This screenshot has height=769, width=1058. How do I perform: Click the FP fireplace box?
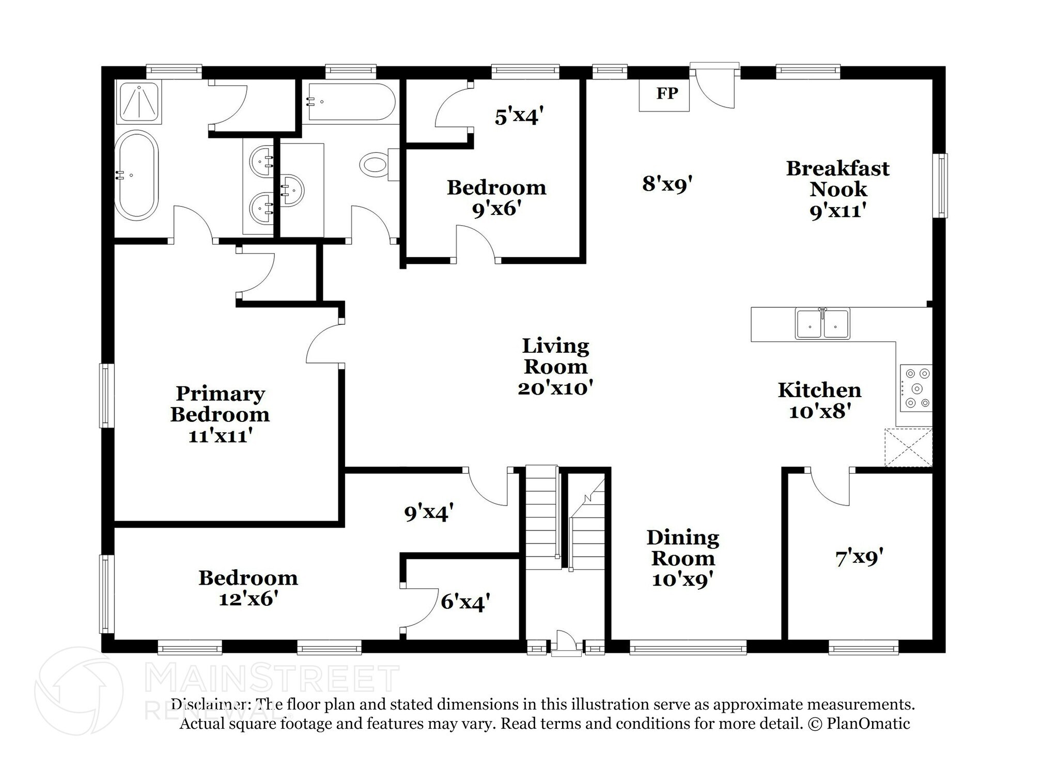coord(664,94)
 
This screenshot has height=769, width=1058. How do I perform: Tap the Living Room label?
coord(555,356)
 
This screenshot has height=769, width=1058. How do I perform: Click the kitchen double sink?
coord(822,324)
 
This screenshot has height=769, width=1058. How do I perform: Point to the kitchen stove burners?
coord(916,388)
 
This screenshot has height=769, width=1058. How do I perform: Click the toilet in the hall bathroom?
coord(375,165)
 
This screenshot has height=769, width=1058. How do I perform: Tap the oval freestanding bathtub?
coord(136,175)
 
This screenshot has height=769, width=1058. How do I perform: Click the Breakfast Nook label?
coord(837,179)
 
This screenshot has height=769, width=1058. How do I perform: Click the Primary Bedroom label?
coord(220,404)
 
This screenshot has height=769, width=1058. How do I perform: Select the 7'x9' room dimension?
coord(859,557)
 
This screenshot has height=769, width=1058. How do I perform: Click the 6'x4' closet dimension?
coord(465,602)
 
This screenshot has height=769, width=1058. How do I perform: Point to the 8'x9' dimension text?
coord(666,183)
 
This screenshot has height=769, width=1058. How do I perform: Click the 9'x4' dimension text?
coord(429,512)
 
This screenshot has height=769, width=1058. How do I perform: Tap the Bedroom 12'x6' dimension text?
coord(248,599)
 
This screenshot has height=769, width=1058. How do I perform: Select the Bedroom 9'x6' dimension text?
coord(496,209)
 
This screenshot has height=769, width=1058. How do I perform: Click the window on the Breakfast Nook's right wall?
coord(943,185)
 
